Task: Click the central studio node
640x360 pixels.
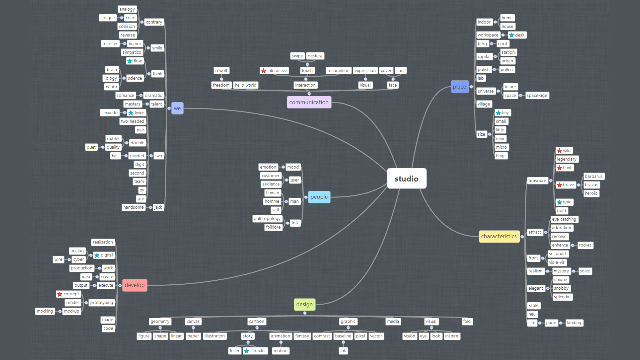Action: tap(406, 179)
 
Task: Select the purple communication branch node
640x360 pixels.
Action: tap(309, 102)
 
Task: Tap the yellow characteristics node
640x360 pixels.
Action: tap(499, 236)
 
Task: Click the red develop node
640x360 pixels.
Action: tap(135, 285)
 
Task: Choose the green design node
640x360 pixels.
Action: tap(304, 304)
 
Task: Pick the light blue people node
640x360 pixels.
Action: tap(319, 197)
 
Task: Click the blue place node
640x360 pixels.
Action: tap(459, 87)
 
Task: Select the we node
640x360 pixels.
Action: tap(177, 108)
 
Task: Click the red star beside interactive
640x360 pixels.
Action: tap(264, 71)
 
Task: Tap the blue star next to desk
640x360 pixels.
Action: tap(512, 35)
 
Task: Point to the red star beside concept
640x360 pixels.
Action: tap(60, 294)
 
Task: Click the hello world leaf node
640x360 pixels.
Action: tap(245, 85)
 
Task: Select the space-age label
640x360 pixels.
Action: tap(537, 96)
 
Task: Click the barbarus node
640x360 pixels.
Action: tap(593, 176)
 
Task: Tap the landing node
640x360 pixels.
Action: tap(574, 323)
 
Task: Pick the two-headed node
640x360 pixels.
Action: tap(132, 121)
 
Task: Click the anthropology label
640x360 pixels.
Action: tap(267, 219)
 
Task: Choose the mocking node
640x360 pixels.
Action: tap(45, 311)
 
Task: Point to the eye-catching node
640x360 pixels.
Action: tap(564, 219)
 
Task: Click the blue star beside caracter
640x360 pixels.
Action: tap(247, 351)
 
